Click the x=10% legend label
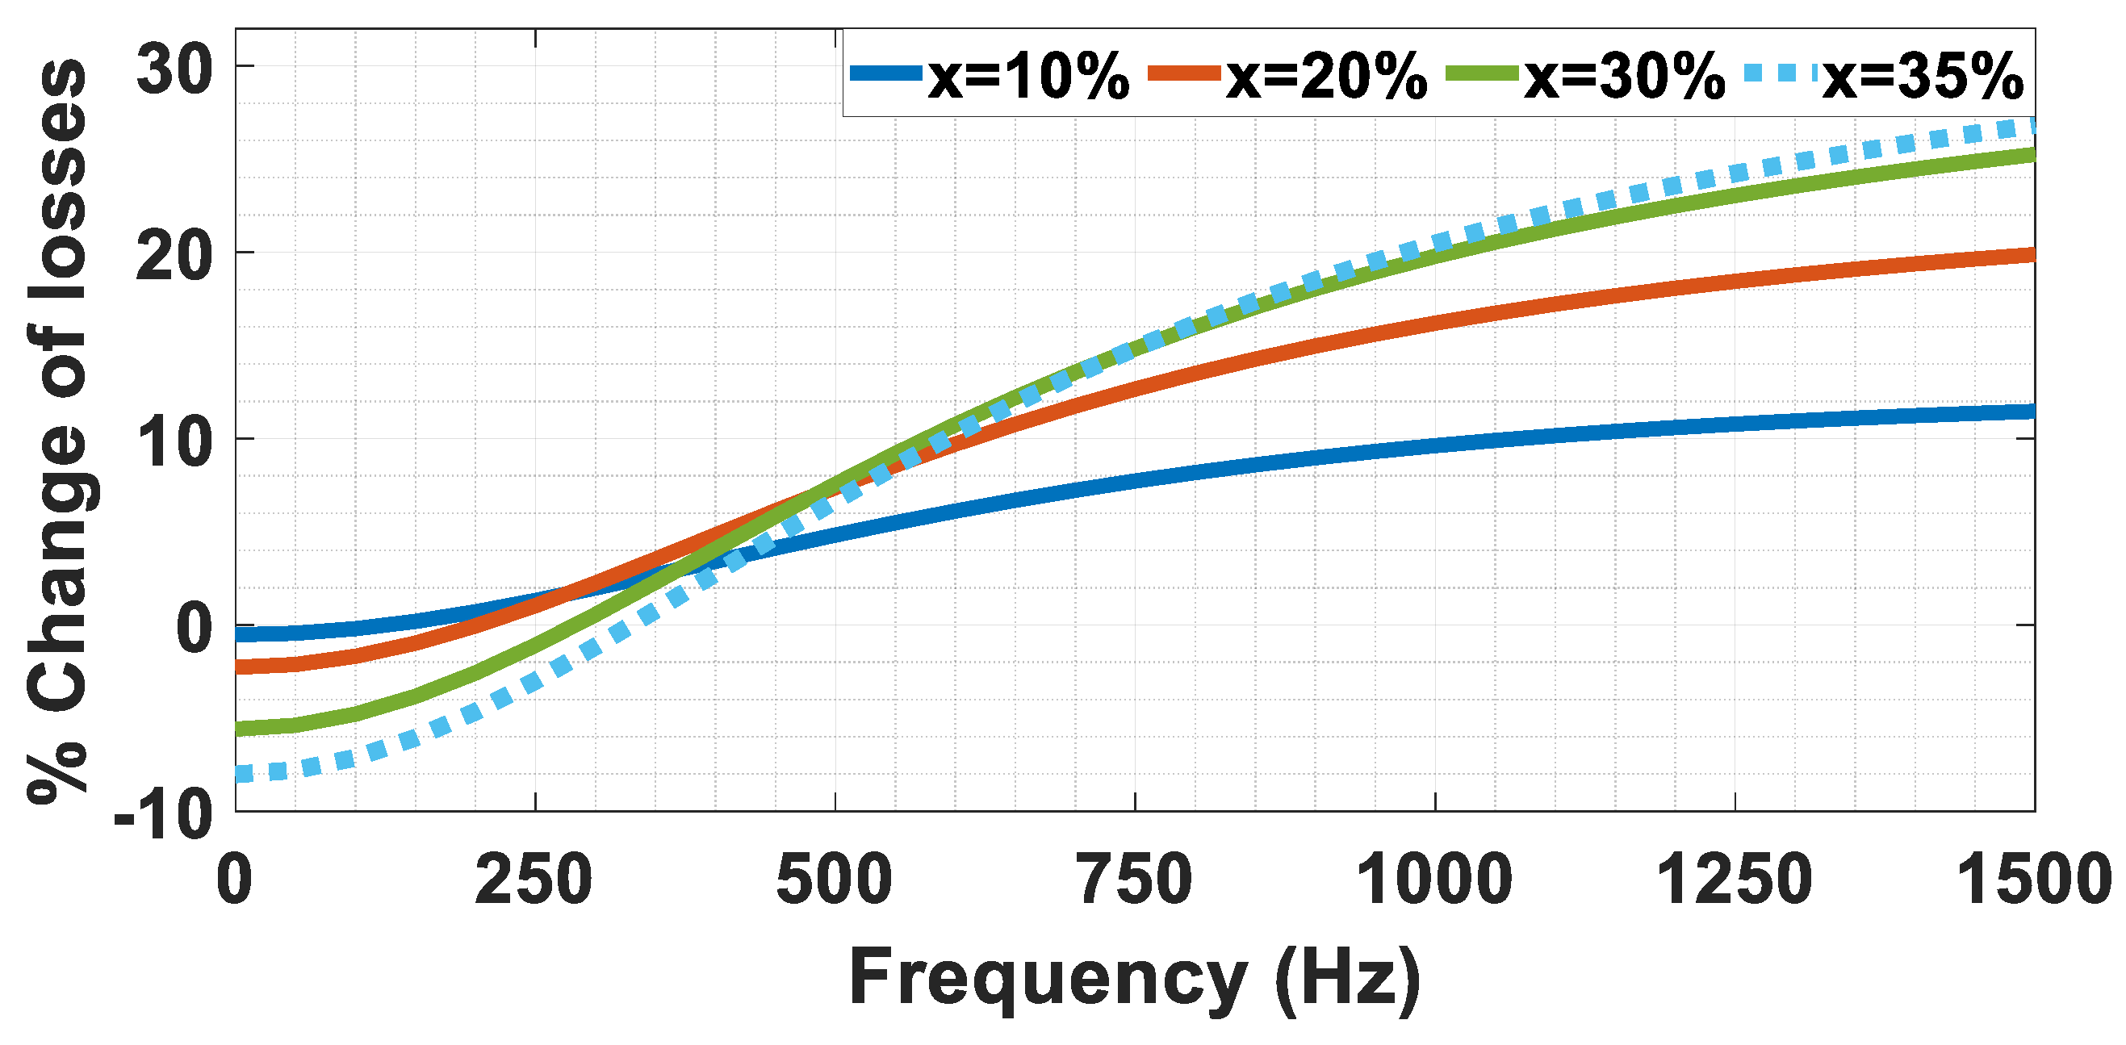(x=1028, y=77)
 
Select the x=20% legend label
(x=1326, y=77)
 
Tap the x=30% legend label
(x=1624, y=77)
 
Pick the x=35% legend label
(x=1923, y=77)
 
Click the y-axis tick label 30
(x=174, y=69)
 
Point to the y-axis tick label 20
(x=174, y=255)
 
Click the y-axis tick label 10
(x=174, y=441)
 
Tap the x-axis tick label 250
(x=534, y=880)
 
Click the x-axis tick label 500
(x=835, y=880)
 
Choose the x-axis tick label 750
(x=1135, y=880)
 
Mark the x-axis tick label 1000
(x=1434, y=880)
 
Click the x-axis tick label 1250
(x=1734, y=880)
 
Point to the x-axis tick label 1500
(x=2033, y=880)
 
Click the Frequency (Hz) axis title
(x=1135, y=978)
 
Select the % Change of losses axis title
(x=58, y=429)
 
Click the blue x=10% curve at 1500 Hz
(x=2030, y=412)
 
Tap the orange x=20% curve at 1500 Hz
(x=2030, y=255)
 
